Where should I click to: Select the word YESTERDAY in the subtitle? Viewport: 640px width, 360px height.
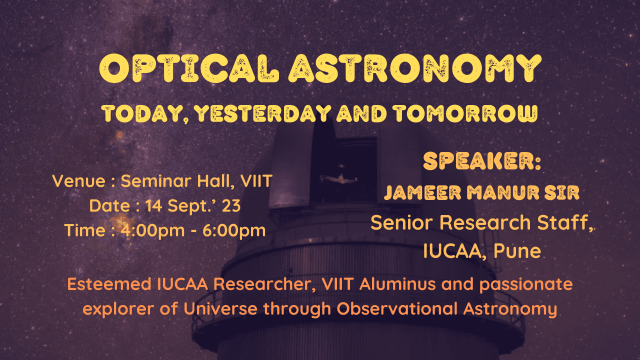click(262, 114)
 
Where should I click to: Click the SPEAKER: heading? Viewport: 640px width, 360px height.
click(482, 161)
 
